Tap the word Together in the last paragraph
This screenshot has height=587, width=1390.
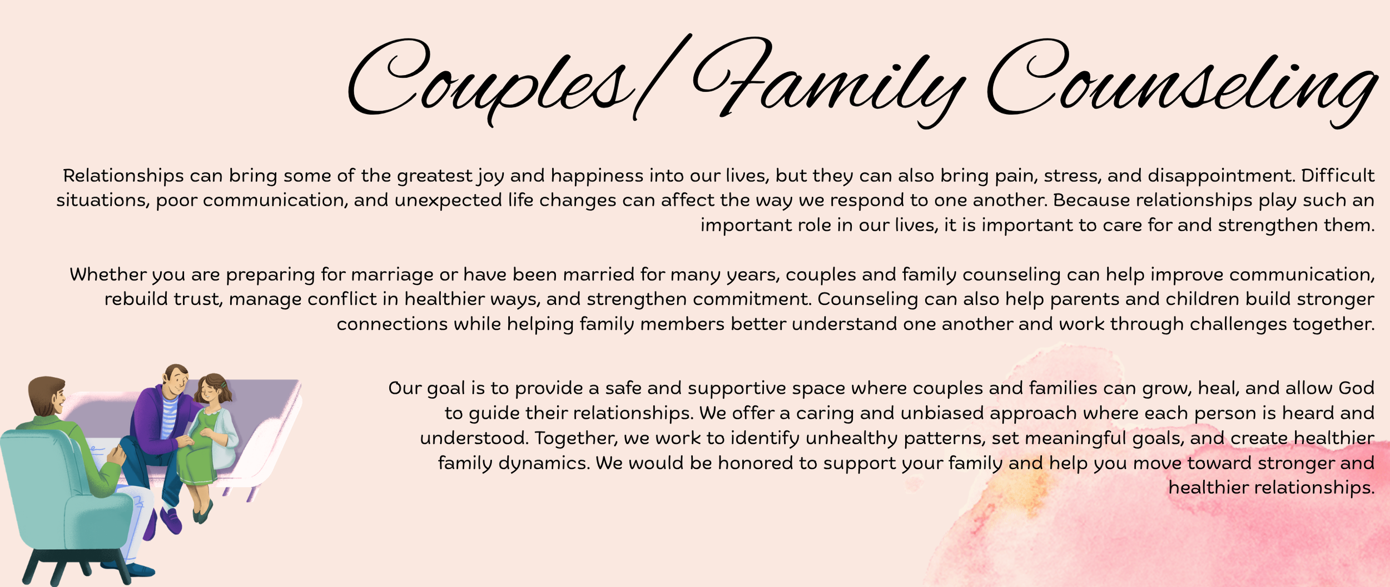(575, 438)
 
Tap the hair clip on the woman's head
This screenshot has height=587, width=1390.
(222, 384)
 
